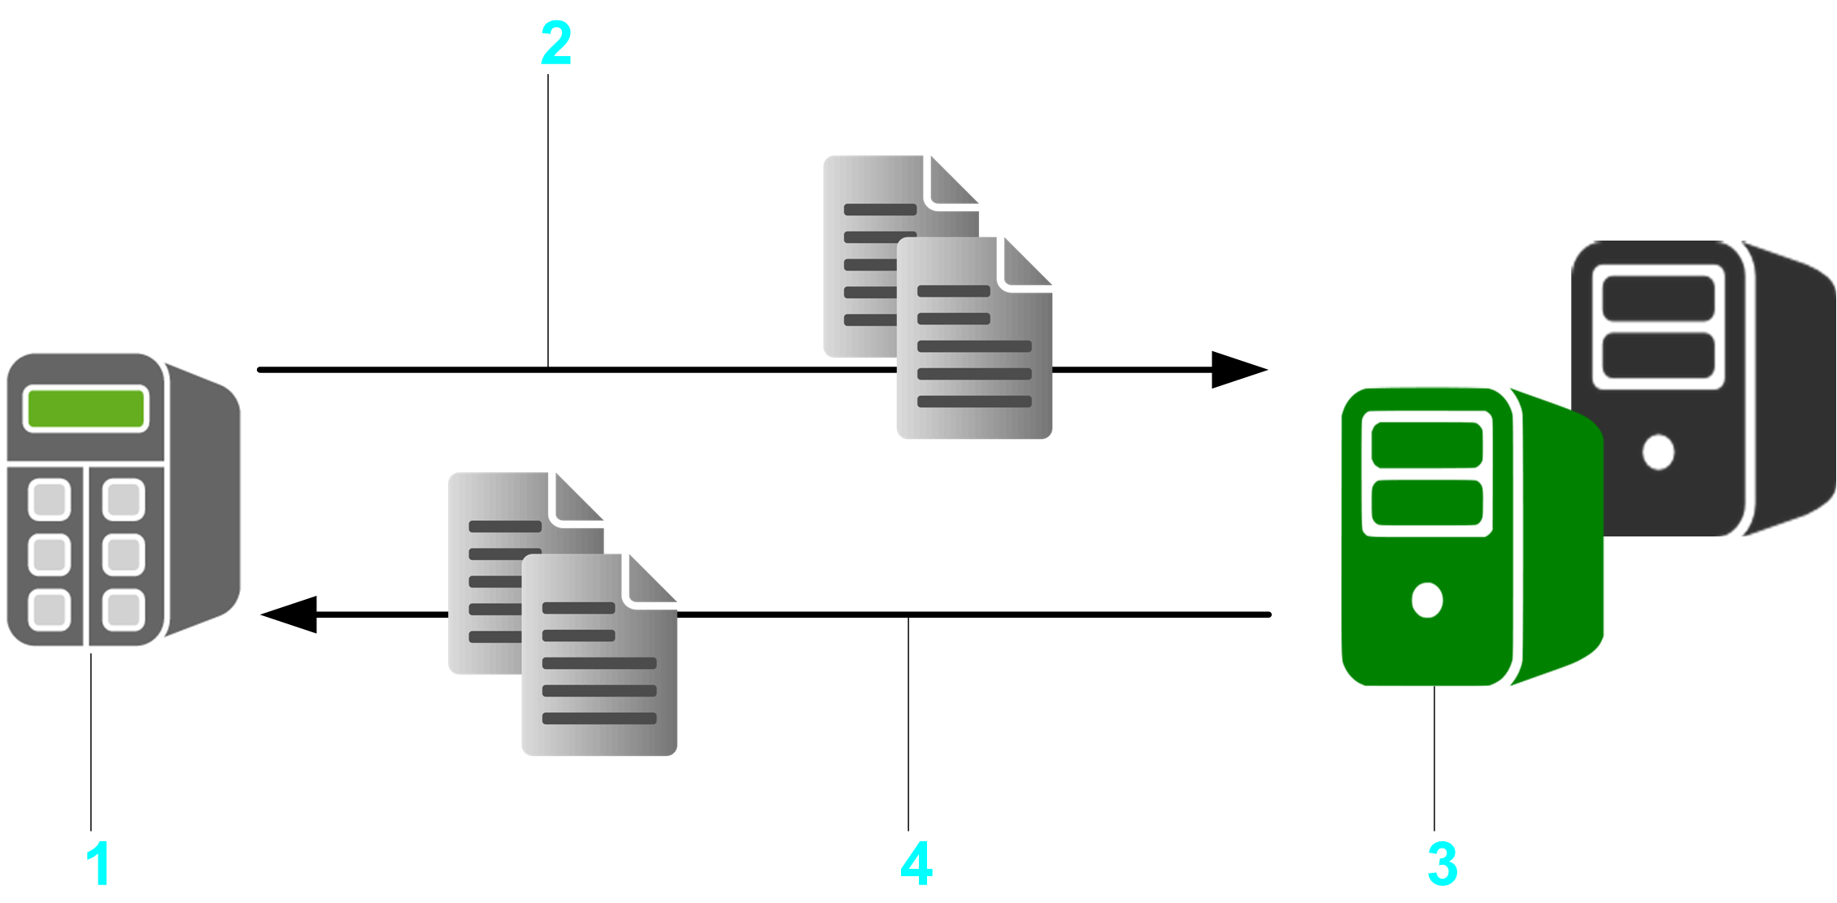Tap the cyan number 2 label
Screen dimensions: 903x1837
(556, 44)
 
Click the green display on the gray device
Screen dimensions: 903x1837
(86, 408)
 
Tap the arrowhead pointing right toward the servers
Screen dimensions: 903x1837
(1238, 370)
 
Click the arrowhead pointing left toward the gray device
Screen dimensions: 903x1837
(290, 614)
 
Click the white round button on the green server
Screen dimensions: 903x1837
(1427, 600)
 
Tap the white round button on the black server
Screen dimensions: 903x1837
(1658, 452)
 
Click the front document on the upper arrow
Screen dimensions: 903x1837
(974, 358)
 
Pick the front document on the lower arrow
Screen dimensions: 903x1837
(599, 675)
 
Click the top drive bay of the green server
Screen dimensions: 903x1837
(1426, 445)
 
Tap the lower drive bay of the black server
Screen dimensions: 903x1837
(1658, 355)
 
